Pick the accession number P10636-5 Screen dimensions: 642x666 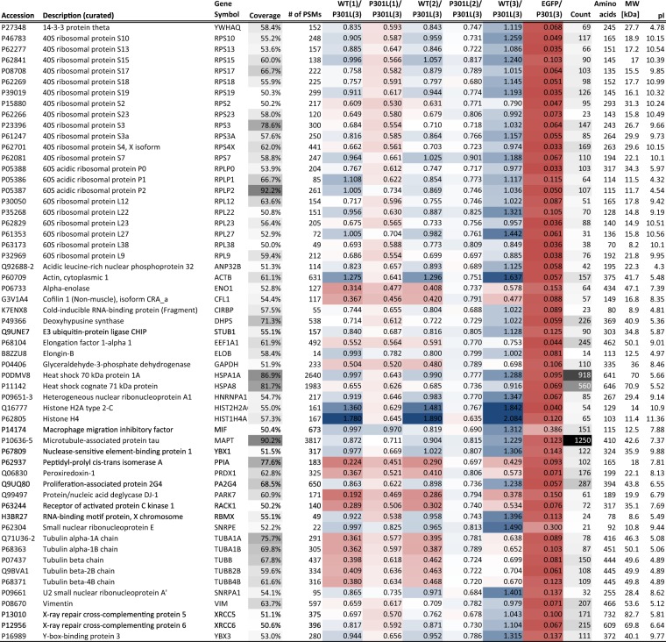(x=19, y=364)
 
